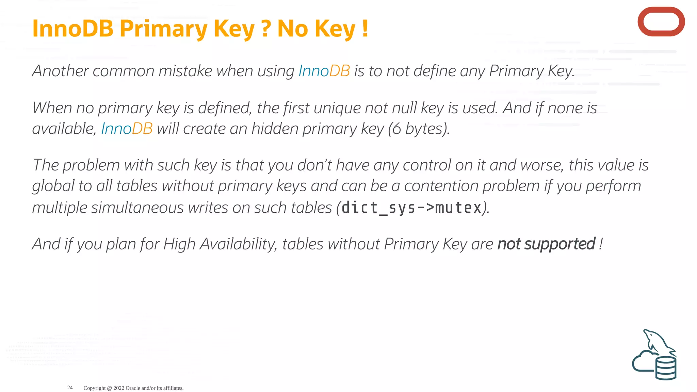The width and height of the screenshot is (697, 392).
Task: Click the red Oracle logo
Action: point(661,22)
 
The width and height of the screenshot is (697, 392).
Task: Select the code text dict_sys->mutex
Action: point(411,208)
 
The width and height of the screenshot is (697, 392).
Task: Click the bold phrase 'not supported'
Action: point(546,244)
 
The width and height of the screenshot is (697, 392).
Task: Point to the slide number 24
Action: point(70,388)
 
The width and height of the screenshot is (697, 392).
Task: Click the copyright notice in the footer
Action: point(133,388)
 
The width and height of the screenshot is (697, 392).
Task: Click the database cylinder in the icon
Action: point(666,368)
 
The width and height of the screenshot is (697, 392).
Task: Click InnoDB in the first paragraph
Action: point(324,71)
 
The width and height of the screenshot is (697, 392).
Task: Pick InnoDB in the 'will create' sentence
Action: point(127,129)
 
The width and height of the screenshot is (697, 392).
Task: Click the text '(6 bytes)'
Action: point(419,129)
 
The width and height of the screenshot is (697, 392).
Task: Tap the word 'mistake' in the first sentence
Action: point(185,71)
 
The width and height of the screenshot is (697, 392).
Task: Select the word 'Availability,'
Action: point(238,244)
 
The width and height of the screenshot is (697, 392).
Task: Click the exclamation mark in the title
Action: point(365,29)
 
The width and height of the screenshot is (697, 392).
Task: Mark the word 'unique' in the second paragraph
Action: point(337,108)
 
